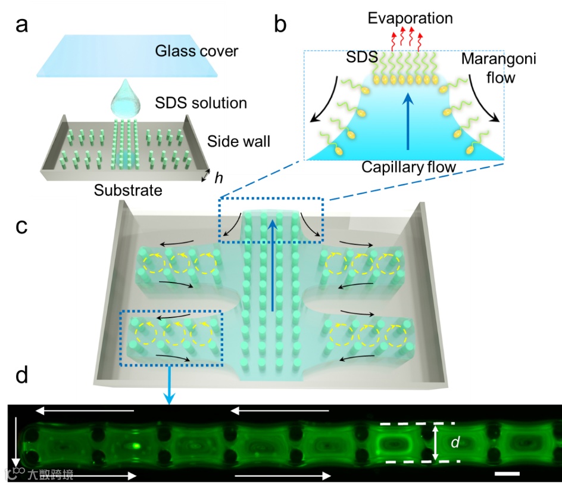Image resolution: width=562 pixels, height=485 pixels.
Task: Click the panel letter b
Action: tap(280, 25)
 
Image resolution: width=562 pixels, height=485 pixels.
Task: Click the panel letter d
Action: tap(22, 375)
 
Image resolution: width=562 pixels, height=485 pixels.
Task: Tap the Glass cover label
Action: tap(196, 51)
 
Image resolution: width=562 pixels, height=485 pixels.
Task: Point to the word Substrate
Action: tap(128, 191)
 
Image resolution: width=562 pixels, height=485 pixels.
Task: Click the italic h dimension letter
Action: tap(219, 177)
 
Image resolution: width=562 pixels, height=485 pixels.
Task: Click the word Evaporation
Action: tap(410, 18)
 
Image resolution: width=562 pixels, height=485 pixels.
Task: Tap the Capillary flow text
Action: tap(408, 167)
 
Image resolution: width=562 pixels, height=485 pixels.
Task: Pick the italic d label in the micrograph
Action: tap(455, 443)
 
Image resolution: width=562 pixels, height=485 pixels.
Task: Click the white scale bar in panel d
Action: tap(508, 474)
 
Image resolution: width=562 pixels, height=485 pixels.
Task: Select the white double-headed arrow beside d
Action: tap(435, 442)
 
